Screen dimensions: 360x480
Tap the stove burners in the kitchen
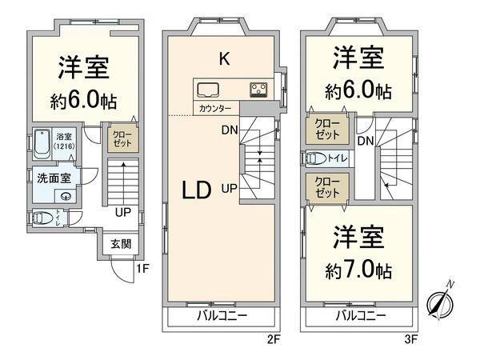(260, 89)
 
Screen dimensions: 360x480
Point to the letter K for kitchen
(225, 58)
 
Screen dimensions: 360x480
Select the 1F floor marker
(142, 269)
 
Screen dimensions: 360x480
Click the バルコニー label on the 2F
(222, 316)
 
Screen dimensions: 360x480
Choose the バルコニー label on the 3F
(359, 316)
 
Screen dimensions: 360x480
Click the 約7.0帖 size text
(358, 270)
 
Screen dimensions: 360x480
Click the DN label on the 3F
(366, 142)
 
